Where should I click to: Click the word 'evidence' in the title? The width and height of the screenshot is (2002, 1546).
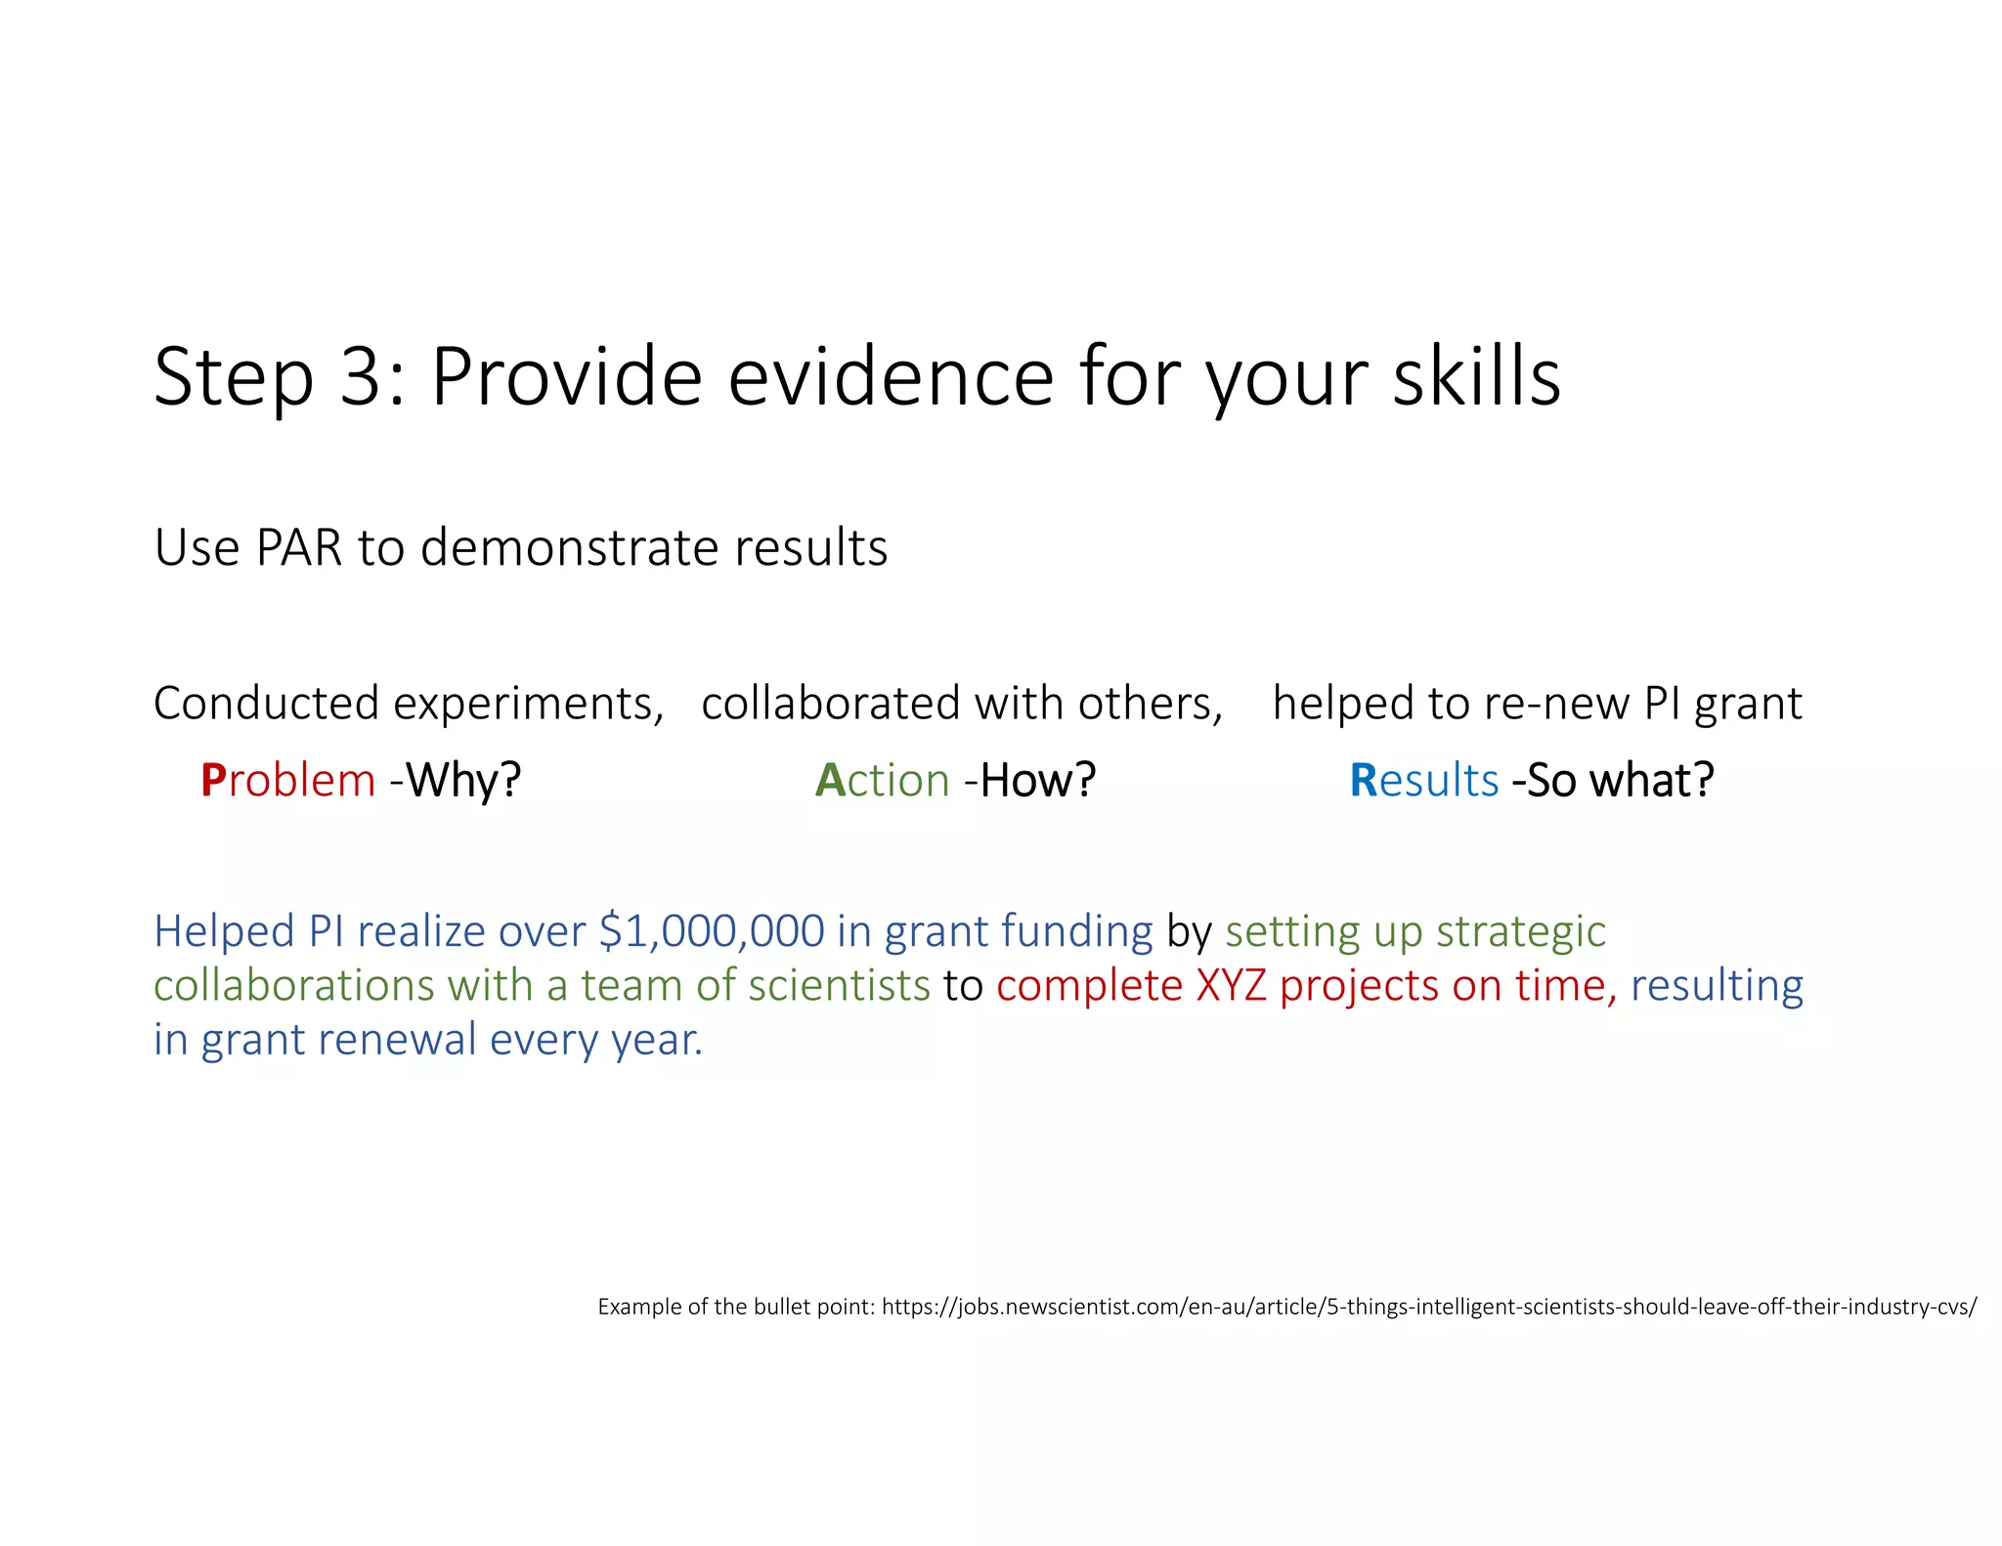click(x=891, y=377)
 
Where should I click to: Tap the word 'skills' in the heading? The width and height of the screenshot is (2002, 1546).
click(x=1476, y=377)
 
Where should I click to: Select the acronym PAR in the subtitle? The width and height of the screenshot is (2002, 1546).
click(x=298, y=547)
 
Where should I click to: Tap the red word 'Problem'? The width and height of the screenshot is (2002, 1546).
click(x=287, y=781)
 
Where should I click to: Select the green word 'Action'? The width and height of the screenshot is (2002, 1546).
click(x=882, y=781)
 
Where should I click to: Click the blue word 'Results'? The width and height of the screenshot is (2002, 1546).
click(x=1423, y=781)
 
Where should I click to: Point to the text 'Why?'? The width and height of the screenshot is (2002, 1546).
click(x=463, y=781)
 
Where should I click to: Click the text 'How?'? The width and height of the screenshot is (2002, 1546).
click(x=1037, y=781)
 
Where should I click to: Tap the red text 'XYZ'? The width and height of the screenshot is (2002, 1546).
click(x=1231, y=985)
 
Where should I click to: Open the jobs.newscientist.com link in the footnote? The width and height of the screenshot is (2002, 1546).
click(x=1428, y=1307)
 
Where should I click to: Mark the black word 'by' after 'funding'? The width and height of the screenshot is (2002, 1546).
click(x=1189, y=931)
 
